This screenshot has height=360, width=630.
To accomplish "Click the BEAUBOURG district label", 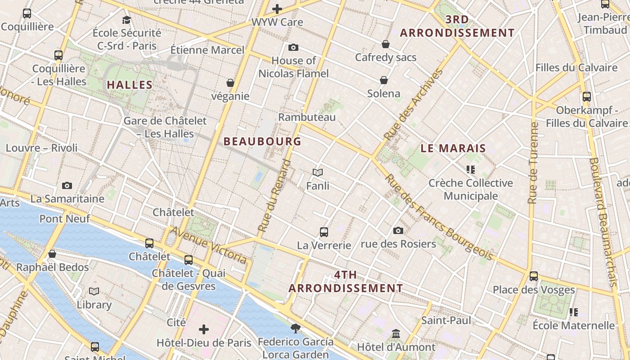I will pos(262,141).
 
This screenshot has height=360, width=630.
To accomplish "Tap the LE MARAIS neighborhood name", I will pos(453,148).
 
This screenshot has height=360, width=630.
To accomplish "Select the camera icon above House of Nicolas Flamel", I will pos(293,47).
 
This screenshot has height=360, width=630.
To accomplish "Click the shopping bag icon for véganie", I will pos(230,83).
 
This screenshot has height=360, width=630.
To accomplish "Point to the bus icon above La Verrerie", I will pos(324,232).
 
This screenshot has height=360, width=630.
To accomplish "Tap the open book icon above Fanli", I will pos(318,172).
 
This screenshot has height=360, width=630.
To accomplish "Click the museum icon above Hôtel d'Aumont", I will pos(396,334).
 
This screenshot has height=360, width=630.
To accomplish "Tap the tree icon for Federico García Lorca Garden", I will pos(295,328).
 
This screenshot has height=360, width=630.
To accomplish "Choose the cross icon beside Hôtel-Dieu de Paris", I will pos(204,329).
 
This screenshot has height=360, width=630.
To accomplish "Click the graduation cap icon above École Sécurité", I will pos(126,20).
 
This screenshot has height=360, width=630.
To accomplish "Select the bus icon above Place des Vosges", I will pos(534,276).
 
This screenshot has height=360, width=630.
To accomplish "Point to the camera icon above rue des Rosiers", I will pos(398,230).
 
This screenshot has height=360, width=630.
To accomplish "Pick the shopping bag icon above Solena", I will pos(384,80).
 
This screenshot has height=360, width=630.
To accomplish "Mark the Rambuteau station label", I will pos(307,117).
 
